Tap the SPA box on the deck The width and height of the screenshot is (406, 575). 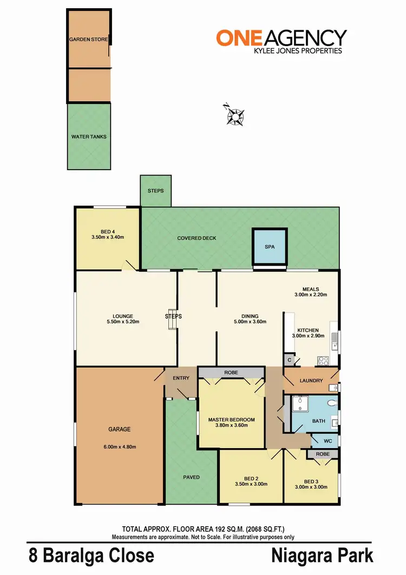(x=270, y=247)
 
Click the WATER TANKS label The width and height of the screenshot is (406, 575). (x=89, y=137)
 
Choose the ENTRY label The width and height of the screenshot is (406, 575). (x=180, y=378)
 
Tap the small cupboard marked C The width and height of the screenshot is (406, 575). (x=290, y=360)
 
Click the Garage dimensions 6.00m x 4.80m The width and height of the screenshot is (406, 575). (x=119, y=447)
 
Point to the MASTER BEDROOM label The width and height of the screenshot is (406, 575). (x=231, y=419)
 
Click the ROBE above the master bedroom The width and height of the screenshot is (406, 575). (x=231, y=373)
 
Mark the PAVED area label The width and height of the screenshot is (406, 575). (x=191, y=477)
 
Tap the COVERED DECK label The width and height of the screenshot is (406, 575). (x=197, y=238)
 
